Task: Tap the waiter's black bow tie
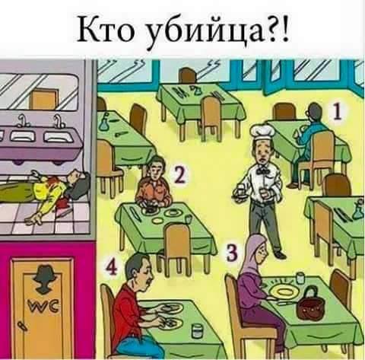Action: tap(262, 170)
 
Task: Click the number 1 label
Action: tap(337, 112)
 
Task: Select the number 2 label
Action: tap(180, 175)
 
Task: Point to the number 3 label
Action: tap(232, 253)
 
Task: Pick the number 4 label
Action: tap(111, 268)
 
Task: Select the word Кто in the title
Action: tap(106, 30)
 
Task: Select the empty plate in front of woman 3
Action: tap(283, 292)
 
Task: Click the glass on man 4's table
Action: tap(198, 330)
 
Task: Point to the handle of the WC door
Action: tap(23, 326)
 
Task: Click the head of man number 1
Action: tap(314, 111)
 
